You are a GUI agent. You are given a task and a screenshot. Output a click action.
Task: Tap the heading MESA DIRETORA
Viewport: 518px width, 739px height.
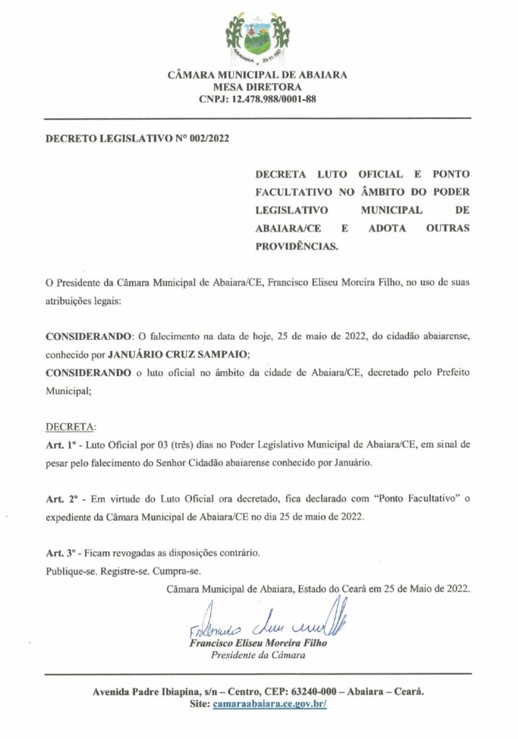(x=258, y=87)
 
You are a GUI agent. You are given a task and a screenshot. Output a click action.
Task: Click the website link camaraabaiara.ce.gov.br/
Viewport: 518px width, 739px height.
(x=270, y=702)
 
